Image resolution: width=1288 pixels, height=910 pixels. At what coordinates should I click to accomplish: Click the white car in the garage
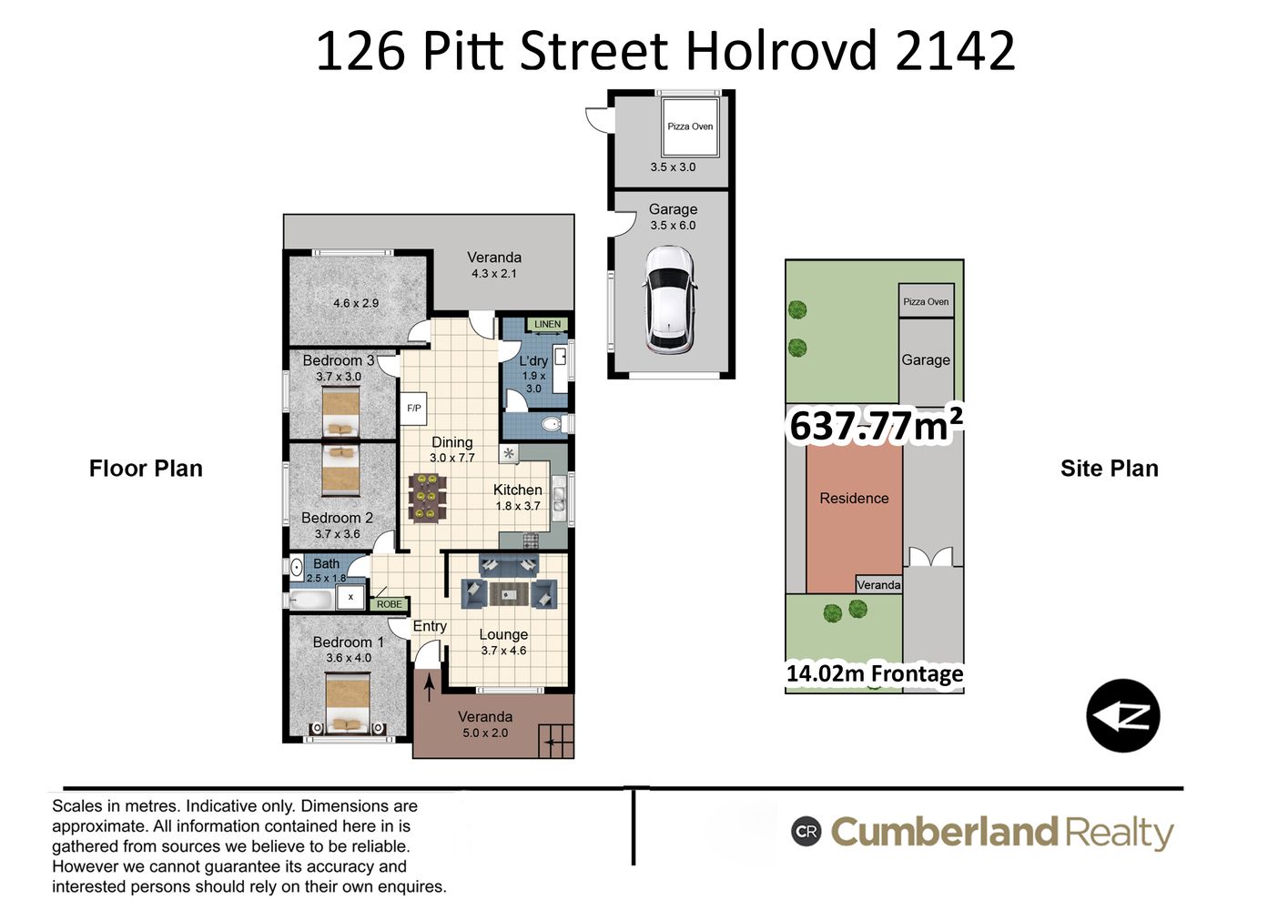pyautogui.click(x=671, y=299)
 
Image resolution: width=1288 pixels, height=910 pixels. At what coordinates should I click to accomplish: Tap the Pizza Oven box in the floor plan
pyautogui.click(x=690, y=127)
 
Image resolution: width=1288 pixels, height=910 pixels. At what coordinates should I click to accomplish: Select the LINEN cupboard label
pyautogui.click(x=547, y=324)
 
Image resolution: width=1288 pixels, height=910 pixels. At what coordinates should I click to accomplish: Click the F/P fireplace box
pyautogui.click(x=413, y=409)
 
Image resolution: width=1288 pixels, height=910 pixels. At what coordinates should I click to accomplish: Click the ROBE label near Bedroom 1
pyautogui.click(x=390, y=604)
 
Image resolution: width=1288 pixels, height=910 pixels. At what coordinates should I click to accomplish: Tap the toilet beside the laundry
pyautogui.click(x=555, y=424)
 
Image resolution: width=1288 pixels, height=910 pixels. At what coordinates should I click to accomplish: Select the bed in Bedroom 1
pyautogui.click(x=348, y=704)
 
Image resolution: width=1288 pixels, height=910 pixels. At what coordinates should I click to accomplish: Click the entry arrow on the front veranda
pyautogui.click(x=429, y=689)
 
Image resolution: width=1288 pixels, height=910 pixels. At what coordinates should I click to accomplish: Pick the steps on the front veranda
pyautogui.click(x=556, y=742)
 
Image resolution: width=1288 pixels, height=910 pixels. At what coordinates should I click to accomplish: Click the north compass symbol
pyautogui.click(x=1122, y=715)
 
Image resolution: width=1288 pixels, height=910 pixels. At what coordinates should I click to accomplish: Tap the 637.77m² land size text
pyautogui.click(x=875, y=425)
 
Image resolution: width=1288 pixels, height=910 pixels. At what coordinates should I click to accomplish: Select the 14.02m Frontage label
pyautogui.click(x=875, y=673)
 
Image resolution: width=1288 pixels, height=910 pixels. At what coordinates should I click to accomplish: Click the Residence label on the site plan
pyautogui.click(x=854, y=499)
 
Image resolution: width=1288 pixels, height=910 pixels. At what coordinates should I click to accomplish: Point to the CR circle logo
pyautogui.click(x=806, y=831)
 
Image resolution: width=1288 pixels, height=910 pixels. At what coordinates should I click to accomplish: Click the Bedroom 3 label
pyautogui.click(x=338, y=360)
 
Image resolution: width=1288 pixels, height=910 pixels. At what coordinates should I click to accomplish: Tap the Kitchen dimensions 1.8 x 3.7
pyautogui.click(x=518, y=506)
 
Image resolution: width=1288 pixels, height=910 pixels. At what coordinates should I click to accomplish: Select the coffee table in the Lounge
pyautogui.click(x=509, y=594)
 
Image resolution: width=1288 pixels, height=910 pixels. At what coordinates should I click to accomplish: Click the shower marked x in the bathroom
pyautogui.click(x=350, y=597)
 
